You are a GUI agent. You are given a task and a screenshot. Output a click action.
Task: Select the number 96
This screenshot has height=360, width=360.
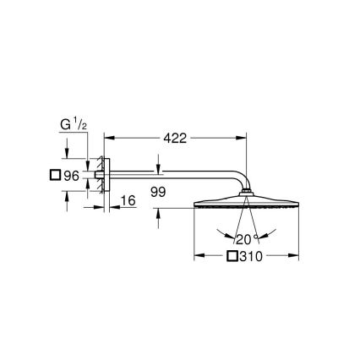tap(72, 176)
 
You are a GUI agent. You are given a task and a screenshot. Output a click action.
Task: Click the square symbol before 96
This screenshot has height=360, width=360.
tap(55, 176)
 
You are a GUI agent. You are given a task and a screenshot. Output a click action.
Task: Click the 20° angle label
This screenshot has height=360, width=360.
tap(245, 239)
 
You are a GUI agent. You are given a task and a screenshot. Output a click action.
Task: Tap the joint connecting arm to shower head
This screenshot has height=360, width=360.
tap(245, 196)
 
